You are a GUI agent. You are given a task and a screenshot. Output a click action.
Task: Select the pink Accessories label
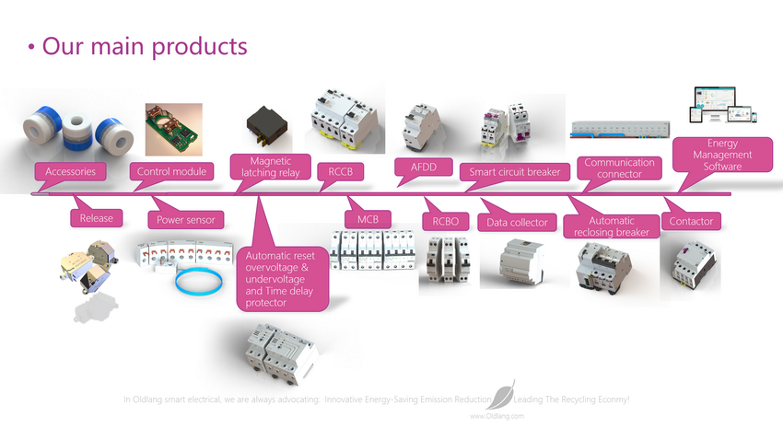(x=70, y=171)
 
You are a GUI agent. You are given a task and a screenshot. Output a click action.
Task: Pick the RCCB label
(x=340, y=171)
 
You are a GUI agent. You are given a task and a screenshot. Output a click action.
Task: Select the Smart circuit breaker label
(x=514, y=171)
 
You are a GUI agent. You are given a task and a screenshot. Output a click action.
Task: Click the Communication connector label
(x=619, y=168)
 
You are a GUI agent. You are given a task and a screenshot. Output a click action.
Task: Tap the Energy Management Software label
(x=722, y=155)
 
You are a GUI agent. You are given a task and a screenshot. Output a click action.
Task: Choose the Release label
(x=96, y=218)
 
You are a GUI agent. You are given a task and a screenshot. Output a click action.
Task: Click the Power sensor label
(x=187, y=220)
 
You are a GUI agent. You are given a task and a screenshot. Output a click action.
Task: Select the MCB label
(x=368, y=218)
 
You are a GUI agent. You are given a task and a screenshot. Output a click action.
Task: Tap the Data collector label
(x=517, y=222)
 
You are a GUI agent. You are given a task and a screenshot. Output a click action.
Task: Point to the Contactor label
(x=691, y=221)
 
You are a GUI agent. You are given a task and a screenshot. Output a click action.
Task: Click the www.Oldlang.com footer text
(x=497, y=416)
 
